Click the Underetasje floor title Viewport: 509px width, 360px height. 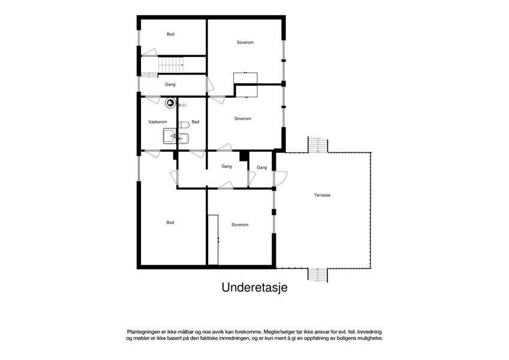click(254, 287)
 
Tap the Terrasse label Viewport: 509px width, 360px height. click(322, 195)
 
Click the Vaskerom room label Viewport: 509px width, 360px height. click(158, 122)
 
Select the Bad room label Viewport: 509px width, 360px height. click(195, 122)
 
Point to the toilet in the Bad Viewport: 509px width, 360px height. click(184, 125)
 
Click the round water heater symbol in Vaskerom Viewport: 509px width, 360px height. click(170, 103)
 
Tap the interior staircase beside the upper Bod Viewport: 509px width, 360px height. click(171, 65)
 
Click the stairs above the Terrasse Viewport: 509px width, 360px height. click(318, 145)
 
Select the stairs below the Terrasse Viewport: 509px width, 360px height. click(318, 275)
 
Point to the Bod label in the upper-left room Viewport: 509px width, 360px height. click(170, 34)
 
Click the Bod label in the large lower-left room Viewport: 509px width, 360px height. click(170, 223)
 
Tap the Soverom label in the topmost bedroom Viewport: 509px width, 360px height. click(245, 42)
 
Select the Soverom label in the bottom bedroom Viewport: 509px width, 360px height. click(240, 225)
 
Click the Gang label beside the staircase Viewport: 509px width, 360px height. click(170, 85)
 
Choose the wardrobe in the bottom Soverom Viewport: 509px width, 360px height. click(213, 240)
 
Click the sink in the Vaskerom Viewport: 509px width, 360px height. click(170, 136)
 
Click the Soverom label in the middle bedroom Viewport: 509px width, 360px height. click(243, 119)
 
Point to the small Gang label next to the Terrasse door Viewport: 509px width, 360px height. click(261, 167)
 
